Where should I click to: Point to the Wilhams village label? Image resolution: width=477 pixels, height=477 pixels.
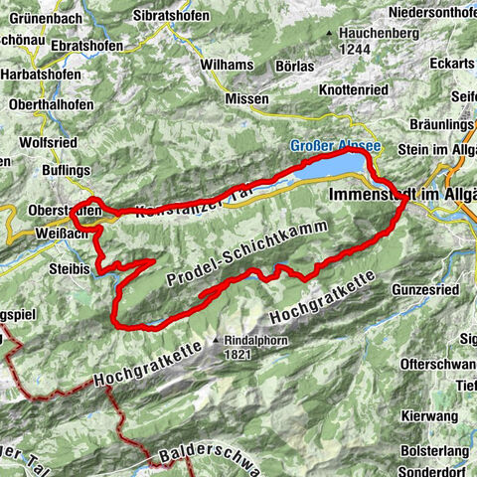[228, 65]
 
